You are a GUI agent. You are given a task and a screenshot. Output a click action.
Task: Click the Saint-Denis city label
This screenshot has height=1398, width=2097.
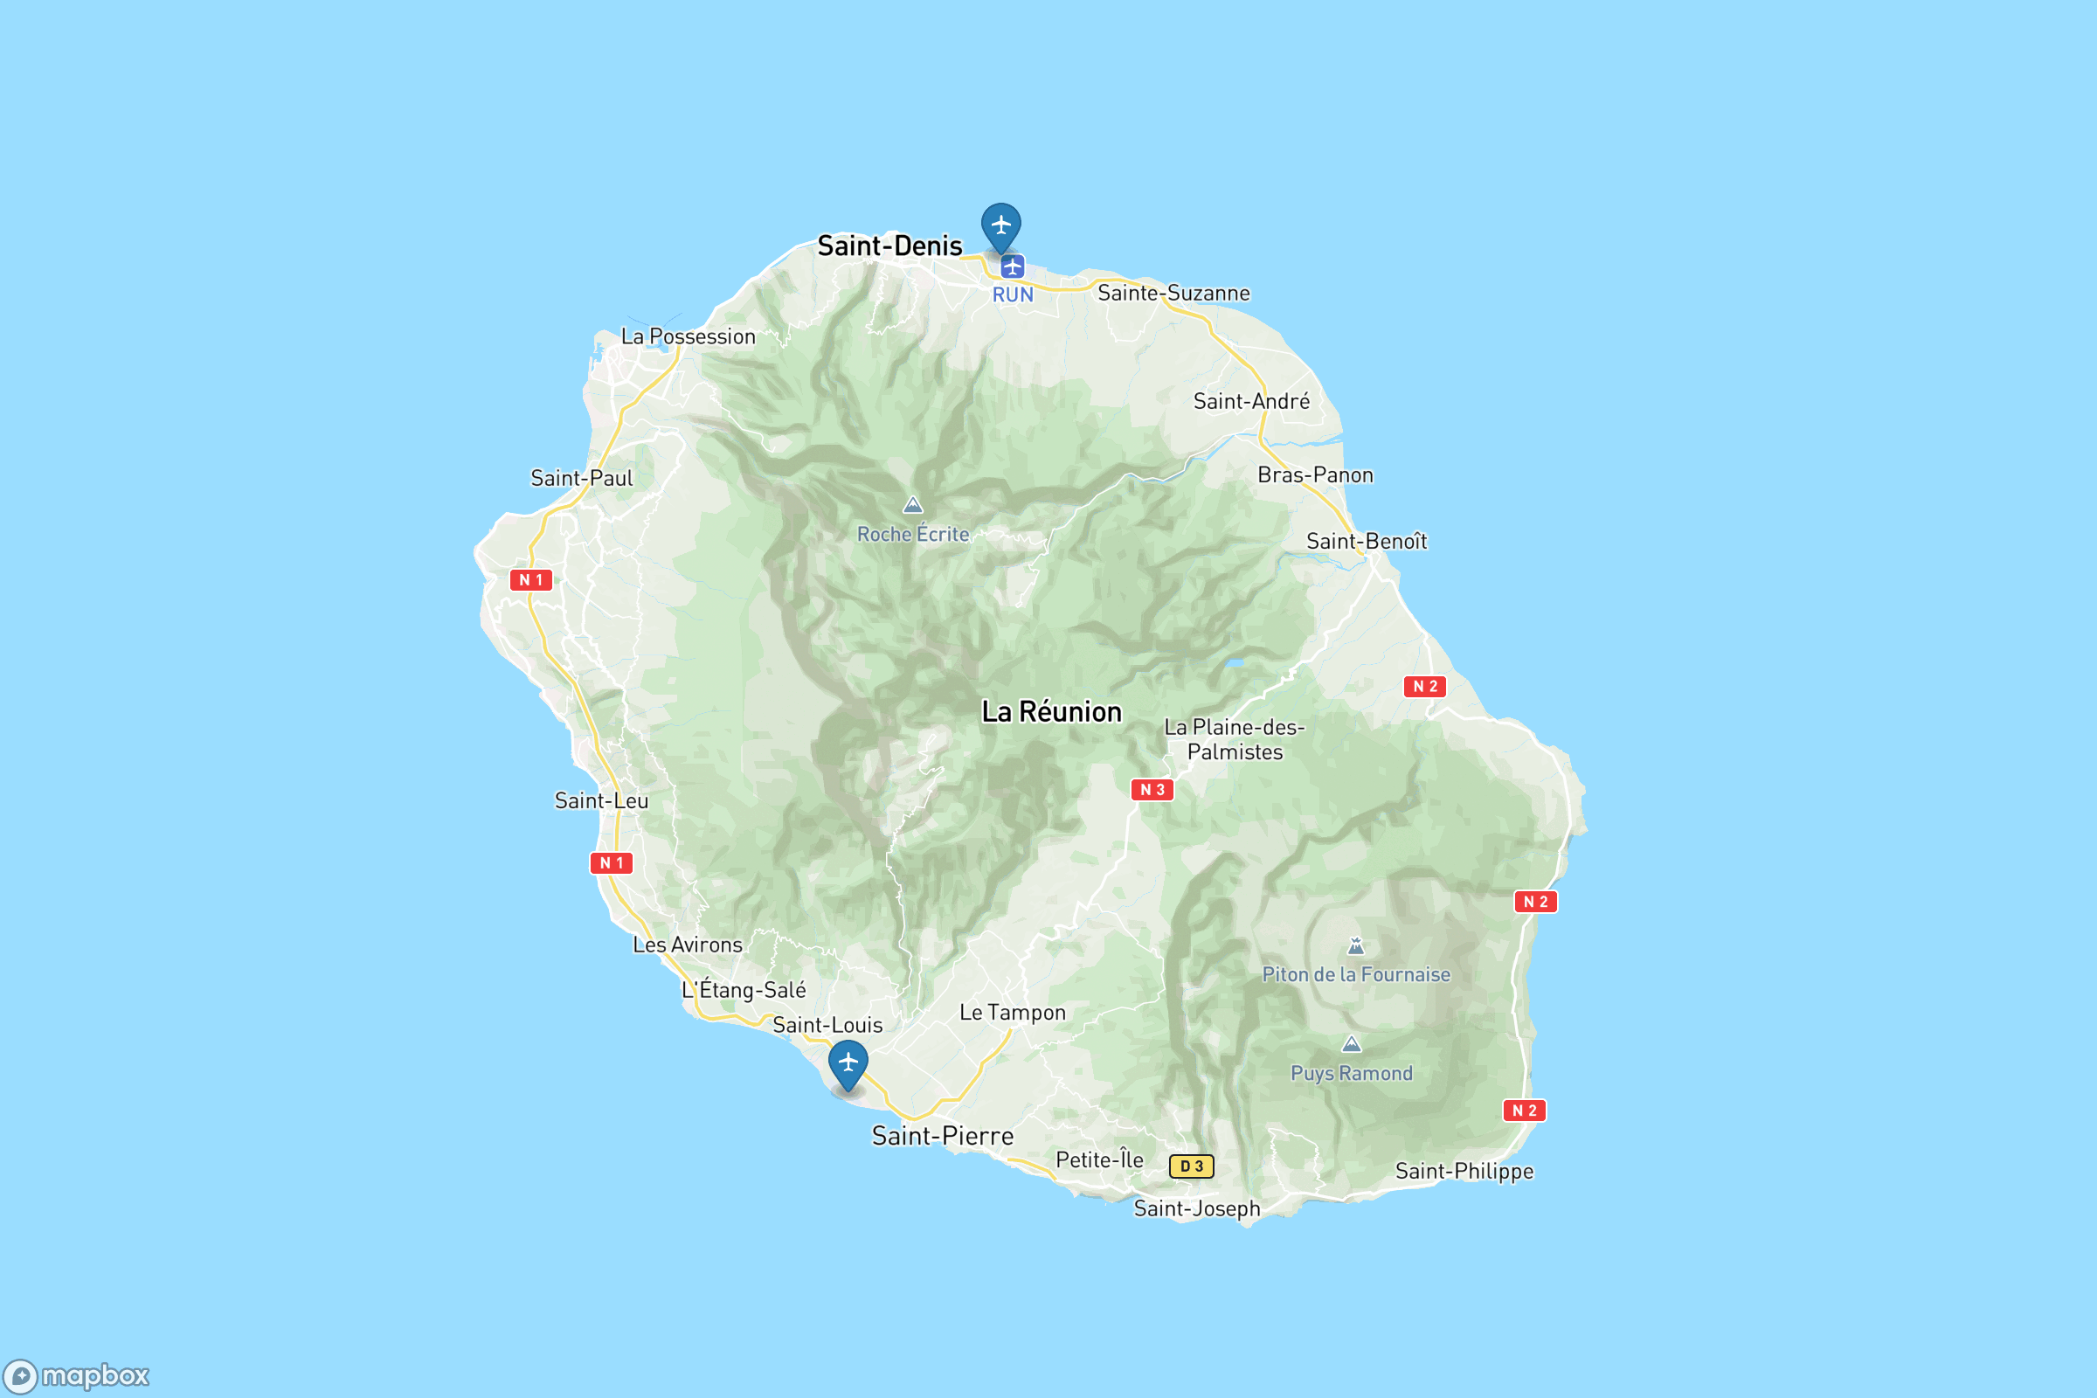click(889, 246)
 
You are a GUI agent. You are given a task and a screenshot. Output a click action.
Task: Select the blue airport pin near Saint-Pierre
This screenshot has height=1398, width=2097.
click(847, 1062)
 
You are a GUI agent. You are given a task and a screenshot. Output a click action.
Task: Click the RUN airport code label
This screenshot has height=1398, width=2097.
click(1013, 295)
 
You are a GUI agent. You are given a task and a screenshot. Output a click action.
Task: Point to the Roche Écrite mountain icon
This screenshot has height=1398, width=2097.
click(912, 506)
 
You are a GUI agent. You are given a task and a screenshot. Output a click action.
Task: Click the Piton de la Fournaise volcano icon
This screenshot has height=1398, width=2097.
click(1355, 946)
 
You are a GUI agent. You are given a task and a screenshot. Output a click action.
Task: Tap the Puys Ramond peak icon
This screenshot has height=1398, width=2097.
click(1352, 1044)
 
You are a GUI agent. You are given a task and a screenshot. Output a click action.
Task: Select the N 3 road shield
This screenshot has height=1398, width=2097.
click(1152, 790)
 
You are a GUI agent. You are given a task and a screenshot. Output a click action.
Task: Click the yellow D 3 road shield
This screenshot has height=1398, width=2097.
click(1191, 1166)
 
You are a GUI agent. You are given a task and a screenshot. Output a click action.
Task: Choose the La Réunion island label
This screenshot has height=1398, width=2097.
click(1051, 712)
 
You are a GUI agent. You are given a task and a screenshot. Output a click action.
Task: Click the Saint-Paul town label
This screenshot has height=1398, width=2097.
click(581, 479)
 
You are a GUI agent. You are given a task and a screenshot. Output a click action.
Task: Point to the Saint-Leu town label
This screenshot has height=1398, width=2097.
click(601, 801)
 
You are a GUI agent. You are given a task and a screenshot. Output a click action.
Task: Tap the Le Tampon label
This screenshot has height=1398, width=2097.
click(1012, 1013)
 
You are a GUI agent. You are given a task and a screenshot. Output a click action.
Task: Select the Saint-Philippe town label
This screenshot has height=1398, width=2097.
click(1464, 1172)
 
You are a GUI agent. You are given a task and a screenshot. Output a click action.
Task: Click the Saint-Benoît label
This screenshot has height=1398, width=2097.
click(1366, 542)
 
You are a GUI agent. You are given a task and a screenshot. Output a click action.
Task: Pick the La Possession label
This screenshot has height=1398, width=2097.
click(688, 337)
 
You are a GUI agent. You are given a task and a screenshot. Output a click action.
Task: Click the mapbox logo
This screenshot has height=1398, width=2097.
click(76, 1375)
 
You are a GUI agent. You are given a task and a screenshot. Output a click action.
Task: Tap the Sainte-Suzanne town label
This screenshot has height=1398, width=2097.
click(1173, 294)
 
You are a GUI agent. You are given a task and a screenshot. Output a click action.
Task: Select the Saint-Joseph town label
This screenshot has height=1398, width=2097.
click(1196, 1209)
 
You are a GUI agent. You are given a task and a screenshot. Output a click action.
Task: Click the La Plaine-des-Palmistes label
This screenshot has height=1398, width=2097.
click(1234, 740)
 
